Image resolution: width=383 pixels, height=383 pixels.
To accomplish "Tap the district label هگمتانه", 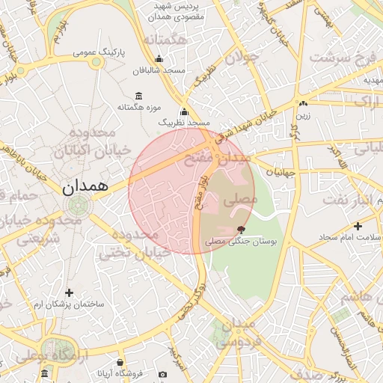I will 165,40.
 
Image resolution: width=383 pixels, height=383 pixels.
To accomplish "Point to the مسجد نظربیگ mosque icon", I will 184,111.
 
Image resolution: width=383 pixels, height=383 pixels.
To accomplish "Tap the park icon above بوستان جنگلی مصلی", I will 241,230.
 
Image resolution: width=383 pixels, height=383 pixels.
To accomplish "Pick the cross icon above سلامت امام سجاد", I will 358,226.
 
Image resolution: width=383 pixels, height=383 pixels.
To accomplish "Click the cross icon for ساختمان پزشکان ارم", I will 70,292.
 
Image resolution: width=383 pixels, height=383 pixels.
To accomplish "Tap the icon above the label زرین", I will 303,104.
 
